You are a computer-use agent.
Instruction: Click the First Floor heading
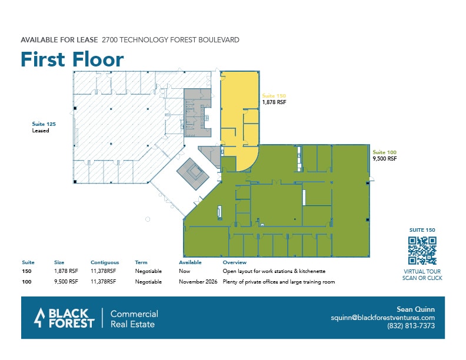click(72, 59)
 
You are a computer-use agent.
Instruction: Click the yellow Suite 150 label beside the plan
click(274, 95)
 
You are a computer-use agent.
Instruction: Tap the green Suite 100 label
click(384, 152)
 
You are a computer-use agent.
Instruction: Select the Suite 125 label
click(43, 124)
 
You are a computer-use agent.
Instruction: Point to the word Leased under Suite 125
click(41, 131)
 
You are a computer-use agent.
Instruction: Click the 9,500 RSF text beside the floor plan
click(385, 159)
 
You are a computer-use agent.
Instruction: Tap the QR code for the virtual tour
click(422, 251)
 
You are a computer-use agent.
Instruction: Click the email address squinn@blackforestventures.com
click(382, 318)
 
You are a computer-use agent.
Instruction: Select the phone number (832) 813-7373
click(411, 326)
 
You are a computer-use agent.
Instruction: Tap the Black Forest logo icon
click(39, 318)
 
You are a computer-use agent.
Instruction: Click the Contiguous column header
click(105, 262)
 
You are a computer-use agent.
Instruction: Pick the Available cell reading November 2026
click(198, 282)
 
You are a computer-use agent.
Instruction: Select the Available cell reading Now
click(185, 272)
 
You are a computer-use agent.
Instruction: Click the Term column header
click(141, 262)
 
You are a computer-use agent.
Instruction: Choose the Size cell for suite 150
click(65, 272)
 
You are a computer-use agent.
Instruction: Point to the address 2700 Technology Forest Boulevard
click(171, 40)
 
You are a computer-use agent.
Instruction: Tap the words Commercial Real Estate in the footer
click(134, 318)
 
